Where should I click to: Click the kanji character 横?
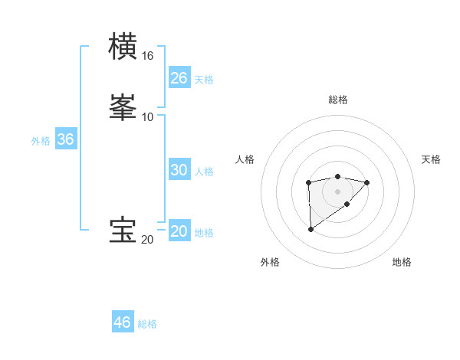(x=124, y=46)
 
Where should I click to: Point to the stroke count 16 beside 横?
(x=147, y=56)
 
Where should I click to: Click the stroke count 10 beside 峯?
(x=147, y=116)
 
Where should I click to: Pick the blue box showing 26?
(x=179, y=78)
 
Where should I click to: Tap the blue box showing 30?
(x=179, y=170)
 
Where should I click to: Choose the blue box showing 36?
(x=66, y=140)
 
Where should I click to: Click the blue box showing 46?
(x=123, y=322)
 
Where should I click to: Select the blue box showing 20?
(x=179, y=231)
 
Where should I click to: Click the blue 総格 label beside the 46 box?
(x=147, y=324)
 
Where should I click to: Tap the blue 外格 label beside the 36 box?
(x=41, y=141)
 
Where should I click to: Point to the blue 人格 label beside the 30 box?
(x=205, y=172)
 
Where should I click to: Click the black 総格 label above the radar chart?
(x=338, y=100)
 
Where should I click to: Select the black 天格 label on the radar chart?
(x=431, y=159)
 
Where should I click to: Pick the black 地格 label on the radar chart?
(x=402, y=262)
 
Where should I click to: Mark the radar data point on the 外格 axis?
(x=310, y=229)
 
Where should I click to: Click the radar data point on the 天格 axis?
(x=367, y=182)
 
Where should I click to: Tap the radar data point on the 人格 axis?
(x=308, y=182)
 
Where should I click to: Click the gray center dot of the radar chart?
(x=338, y=191)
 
